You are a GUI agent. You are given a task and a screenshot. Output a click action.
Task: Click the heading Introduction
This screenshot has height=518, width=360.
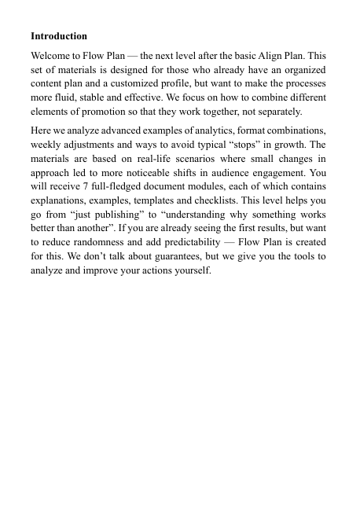click(x=59, y=36)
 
